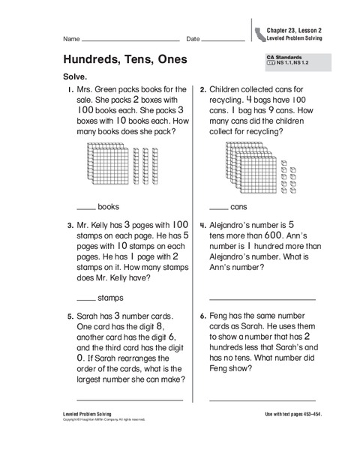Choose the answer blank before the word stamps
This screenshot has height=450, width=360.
(85, 298)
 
